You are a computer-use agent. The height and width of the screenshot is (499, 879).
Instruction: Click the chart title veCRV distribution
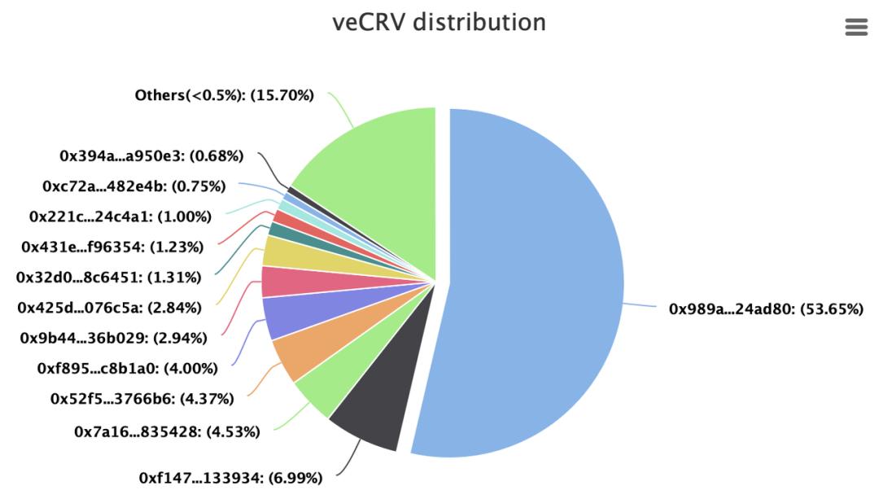(439, 22)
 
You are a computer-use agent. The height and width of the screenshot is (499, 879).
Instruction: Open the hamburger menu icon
(856, 27)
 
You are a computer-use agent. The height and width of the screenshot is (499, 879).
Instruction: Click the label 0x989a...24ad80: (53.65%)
(766, 309)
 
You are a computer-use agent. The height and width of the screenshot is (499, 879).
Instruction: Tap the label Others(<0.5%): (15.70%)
(224, 95)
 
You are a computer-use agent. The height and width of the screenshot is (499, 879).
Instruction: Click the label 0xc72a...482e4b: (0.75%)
(133, 186)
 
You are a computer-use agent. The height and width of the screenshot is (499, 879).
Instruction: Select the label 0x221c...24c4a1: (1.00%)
(120, 217)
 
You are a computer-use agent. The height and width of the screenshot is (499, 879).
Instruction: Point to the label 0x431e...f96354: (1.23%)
(112, 247)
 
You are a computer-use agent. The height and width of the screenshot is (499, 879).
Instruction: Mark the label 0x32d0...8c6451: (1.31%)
(108, 277)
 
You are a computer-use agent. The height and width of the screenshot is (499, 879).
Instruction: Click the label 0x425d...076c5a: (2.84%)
(109, 307)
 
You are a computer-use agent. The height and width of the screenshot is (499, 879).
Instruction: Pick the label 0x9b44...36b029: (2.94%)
(112, 337)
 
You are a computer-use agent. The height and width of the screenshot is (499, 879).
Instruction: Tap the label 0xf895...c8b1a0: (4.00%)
(127, 368)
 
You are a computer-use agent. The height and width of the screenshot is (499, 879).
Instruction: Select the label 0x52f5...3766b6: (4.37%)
(142, 399)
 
